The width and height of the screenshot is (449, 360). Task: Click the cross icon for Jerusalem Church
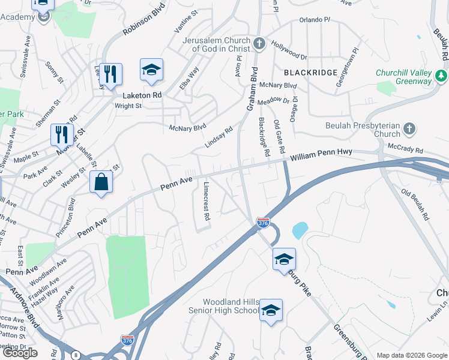click(259, 43)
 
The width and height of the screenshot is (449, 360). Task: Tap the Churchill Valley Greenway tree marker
click(441, 76)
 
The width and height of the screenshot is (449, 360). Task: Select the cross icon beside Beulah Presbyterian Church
click(409, 128)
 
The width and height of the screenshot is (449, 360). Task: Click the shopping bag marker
click(101, 182)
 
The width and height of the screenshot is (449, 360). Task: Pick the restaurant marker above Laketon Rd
click(110, 74)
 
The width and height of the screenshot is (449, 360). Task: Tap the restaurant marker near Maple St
click(62, 134)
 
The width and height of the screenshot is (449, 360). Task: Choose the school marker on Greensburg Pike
click(284, 259)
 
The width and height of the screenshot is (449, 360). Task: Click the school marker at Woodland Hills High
click(271, 310)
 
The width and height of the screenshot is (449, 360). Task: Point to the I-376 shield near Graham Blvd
click(263, 223)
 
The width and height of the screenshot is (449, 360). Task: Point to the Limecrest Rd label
click(206, 202)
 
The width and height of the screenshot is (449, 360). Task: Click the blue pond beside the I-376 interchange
click(300, 230)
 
